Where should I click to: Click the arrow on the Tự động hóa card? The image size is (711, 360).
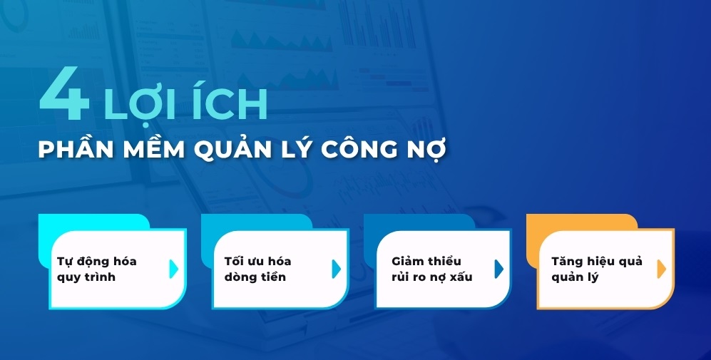[173, 269]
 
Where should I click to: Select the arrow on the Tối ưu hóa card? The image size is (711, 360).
[336, 269]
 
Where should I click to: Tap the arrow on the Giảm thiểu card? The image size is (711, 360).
[498, 269]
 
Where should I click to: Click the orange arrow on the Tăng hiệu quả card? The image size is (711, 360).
[661, 269]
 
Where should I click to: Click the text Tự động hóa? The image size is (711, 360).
[96, 261]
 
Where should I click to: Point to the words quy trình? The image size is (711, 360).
[86, 277]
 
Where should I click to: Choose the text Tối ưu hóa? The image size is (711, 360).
[257, 261]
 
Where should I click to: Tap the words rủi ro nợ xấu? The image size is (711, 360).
[432, 277]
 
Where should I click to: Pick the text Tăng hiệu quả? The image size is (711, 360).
[596, 261]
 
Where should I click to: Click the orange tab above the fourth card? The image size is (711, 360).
[580, 222]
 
